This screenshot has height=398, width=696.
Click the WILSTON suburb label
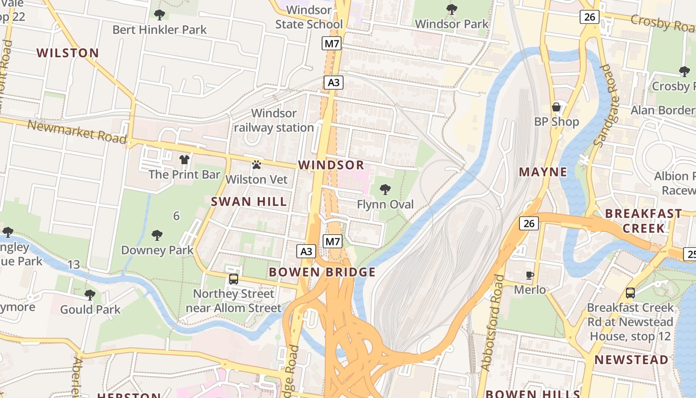[x=68, y=53]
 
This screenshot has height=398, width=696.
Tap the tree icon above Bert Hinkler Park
[x=159, y=15]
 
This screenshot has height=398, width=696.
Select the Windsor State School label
[x=309, y=17]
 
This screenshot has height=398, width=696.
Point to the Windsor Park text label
[x=451, y=23]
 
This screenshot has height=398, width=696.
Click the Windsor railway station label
[x=274, y=120]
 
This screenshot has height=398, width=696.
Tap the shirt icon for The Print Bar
[x=184, y=160]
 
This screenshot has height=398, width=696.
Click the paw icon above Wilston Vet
[x=257, y=165]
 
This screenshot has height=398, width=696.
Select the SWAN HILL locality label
[x=249, y=201]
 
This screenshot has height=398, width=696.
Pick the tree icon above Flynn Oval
[x=385, y=190]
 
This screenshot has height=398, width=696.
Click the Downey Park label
[x=157, y=250]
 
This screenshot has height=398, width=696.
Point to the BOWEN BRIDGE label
[x=322, y=272]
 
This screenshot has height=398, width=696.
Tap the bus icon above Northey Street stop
[x=234, y=279]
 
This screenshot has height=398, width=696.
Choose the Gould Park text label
[x=90, y=309]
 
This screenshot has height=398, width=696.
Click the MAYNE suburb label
[x=543, y=172]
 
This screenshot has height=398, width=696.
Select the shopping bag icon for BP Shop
[x=556, y=107]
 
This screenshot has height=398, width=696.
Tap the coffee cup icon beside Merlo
[x=530, y=275]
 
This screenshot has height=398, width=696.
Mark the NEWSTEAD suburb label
[x=631, y=360]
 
